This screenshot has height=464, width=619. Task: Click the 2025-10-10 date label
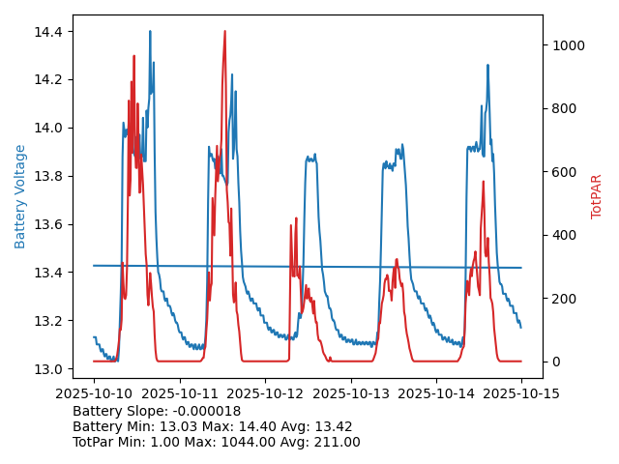[x=94, y=394]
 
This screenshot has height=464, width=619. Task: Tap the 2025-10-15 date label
[x=521, y=394]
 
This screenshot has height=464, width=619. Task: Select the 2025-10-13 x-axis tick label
[x=350, y=394]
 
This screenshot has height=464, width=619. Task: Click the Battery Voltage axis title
[x=20, y=196]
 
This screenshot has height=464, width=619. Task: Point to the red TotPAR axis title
[x=597, y=196]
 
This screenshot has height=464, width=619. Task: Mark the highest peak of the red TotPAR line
[x=224, y=31]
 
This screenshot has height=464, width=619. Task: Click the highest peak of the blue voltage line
[x=150, y=31]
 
